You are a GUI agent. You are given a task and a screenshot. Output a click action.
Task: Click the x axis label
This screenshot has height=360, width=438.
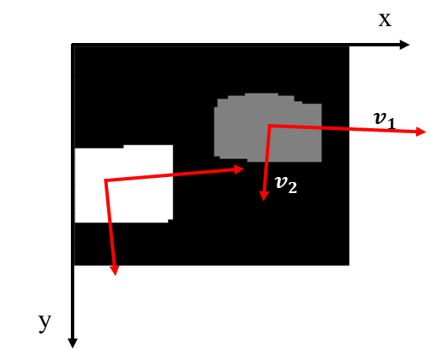pyautogui.click(x=385, y=20)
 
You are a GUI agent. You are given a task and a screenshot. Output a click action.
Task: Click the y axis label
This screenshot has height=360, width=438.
pyautogui.click(x=45, y=323)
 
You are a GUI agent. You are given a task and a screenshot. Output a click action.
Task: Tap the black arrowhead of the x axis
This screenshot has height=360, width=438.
pyautogui.click(x=404, y=45)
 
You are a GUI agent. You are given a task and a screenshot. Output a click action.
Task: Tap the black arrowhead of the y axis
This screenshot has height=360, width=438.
pyautogui.click(x=73, y=343)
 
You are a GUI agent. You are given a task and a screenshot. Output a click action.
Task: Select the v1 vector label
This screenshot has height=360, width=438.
pyautogui.click(x=385, y=121)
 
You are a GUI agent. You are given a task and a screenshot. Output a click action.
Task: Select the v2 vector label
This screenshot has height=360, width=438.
pyautogui.click(x=286, y=184)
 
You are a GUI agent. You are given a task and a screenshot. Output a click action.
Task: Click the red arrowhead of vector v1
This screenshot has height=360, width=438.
pyautogui.click(x=421, y=132)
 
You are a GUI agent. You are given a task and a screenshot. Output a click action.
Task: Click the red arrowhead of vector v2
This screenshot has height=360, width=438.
pyautogui.click(x=263, y=196)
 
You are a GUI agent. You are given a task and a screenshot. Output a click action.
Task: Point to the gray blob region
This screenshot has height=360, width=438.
pyautogui.click(x=268, y=127)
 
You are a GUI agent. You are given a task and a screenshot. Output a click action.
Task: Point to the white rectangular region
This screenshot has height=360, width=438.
pyautogui.click(x=124, y=184)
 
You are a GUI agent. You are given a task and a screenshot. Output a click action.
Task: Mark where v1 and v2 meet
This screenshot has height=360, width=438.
pyautogui.click(x=269, y=125)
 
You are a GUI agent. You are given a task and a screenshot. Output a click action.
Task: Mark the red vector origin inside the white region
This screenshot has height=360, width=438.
pyautogui.click(x=105, y=180)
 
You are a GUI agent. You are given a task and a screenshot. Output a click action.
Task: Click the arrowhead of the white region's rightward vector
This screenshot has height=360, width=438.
pyautogui.click(x=239, y=169)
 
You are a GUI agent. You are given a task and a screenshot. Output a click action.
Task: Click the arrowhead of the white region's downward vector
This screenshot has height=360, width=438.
pyautogui.click(x=115, y=271)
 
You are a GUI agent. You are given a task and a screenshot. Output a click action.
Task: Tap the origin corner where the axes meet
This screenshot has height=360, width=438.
pyautogui.click(x=73, y=45)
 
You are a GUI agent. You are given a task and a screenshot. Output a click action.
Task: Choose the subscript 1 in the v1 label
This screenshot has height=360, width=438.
pyautogui.click(x=391, y=123)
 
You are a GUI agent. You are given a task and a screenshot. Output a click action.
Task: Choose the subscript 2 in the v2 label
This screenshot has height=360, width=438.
pyautogui.click(x=293, y=188)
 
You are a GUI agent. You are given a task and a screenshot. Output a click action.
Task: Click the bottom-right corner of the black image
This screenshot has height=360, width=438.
pyautogui.click(x=349, y=265)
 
